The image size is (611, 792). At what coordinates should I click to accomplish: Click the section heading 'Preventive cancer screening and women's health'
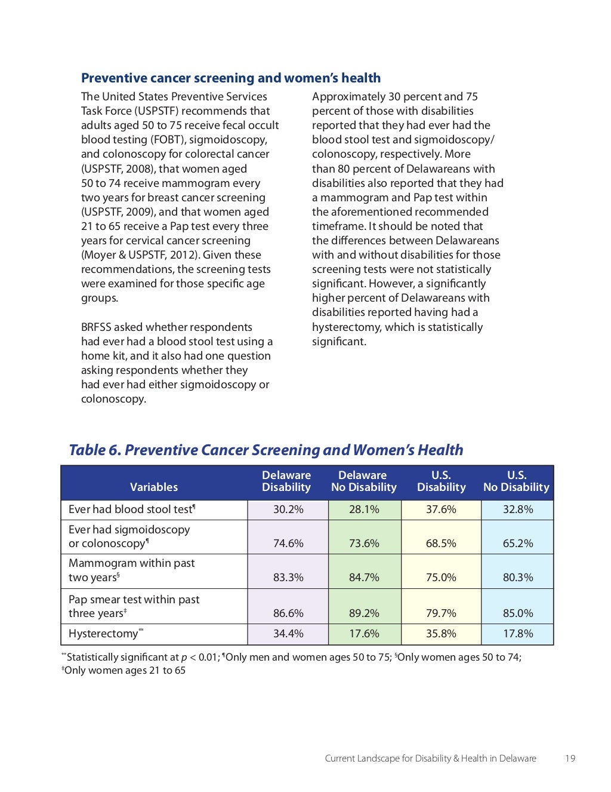pyautogui.click(x=230, y=78)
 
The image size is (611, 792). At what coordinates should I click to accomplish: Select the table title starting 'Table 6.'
pyautogui.click(x=266, y=450)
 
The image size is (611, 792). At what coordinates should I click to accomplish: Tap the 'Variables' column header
pyautogui.click(x=154, y=487)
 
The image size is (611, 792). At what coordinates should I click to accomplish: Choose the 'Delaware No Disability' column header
pyautogui.click(x=363, y=481)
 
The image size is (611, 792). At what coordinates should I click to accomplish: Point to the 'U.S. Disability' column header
pyautogui.click(x=441, y=481)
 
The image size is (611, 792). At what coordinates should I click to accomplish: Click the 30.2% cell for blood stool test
pyautogui.click(x=288, y=509)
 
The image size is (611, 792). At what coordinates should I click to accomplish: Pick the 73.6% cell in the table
pyautogui.click(x=364, y=543)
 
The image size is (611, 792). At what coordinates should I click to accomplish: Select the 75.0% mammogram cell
pyautogui.click(x=441, y=577)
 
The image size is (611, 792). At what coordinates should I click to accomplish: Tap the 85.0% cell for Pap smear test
pyautogui.click(x=518, y=613)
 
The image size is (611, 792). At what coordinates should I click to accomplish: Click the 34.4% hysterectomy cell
pyautogui.click(x=288, y=633)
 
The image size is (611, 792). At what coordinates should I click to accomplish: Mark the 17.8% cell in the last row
pyautogui.click(x=518, y=633)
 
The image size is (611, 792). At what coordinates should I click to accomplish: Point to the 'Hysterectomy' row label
pyautogui.click(x=103, y=634)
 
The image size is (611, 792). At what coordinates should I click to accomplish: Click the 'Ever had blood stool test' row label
pyautogui.click(x=131, y=509)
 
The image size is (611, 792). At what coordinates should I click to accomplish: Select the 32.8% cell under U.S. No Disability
pyautogui.click(x=518, y=509)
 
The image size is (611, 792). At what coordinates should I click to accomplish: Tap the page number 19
pyautogui.click(x=570, y=758)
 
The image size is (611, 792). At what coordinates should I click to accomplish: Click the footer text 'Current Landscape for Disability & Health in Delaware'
pyautogui.click(x=430, y=758)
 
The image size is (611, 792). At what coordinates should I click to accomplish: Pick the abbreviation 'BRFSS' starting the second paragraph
pyautogui.click(x=96, y=327)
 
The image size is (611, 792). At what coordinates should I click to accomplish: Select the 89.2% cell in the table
pyautogui.click(x=364, y=613)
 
